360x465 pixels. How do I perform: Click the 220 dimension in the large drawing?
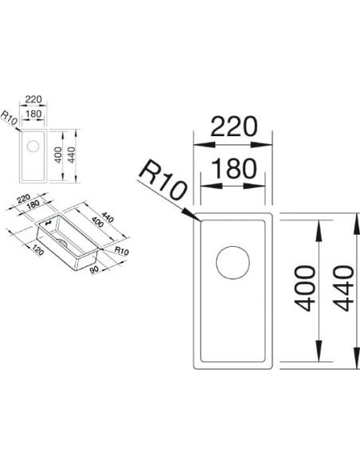click(233, 127)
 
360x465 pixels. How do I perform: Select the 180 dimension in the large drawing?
click(234, 169)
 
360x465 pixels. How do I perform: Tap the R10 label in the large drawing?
click(162, 180)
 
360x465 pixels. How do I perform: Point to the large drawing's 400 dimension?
click(304, 288)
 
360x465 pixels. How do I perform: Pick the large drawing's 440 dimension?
click(343, 288)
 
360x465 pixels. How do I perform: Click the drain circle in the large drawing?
click(233, 263)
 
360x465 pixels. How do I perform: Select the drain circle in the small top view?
click(33, 147)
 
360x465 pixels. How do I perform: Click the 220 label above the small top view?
click(33, 99)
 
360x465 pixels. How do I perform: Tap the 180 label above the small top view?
click(33, 114)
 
